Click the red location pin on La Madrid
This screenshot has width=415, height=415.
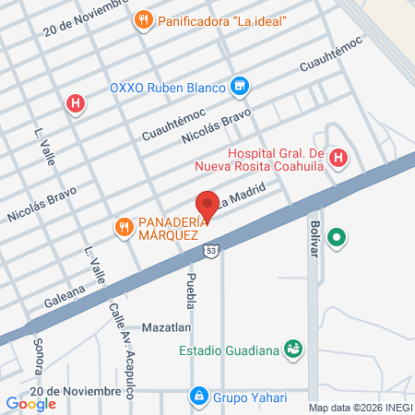click(x=207, y=206)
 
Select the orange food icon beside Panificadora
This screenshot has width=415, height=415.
click(x=142, y=19)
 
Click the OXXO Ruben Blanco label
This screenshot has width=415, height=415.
click(x=169, y=88)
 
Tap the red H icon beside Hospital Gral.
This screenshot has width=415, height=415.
click(x=338, y=159)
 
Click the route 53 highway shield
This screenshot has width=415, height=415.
click(x=212, y=250)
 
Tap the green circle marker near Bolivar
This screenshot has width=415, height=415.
click(x=338, y=238)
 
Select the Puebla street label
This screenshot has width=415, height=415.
click(x=192, y=290)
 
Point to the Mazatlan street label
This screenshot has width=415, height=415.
click(x=166, y=327)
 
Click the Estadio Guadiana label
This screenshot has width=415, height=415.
click(x=230, y=350)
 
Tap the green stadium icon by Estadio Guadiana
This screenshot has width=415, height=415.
click(x=293, y=349)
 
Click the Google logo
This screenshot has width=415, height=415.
click(x=30, y=403)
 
